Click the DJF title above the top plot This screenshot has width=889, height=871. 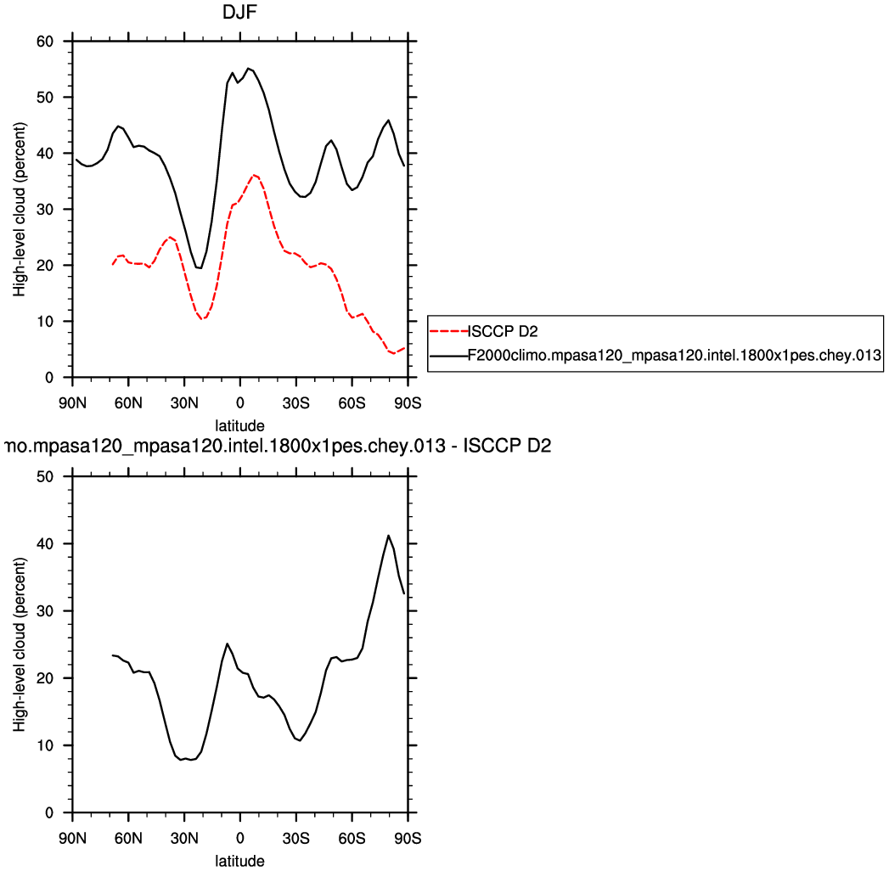click(240, 14)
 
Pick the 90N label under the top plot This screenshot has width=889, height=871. click(73, 402)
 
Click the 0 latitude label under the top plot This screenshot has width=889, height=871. click(240, 402)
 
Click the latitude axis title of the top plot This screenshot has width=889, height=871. click(240, 424)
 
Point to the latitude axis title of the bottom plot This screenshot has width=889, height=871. click(240, 861)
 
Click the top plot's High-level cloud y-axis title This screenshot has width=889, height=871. click(20, 210)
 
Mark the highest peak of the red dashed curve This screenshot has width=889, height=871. click(254, 175)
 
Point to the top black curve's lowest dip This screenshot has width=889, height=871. click(200, 268)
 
